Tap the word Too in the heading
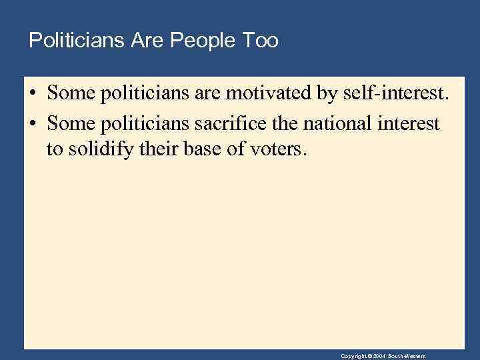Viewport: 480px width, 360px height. tap(261, 41)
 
